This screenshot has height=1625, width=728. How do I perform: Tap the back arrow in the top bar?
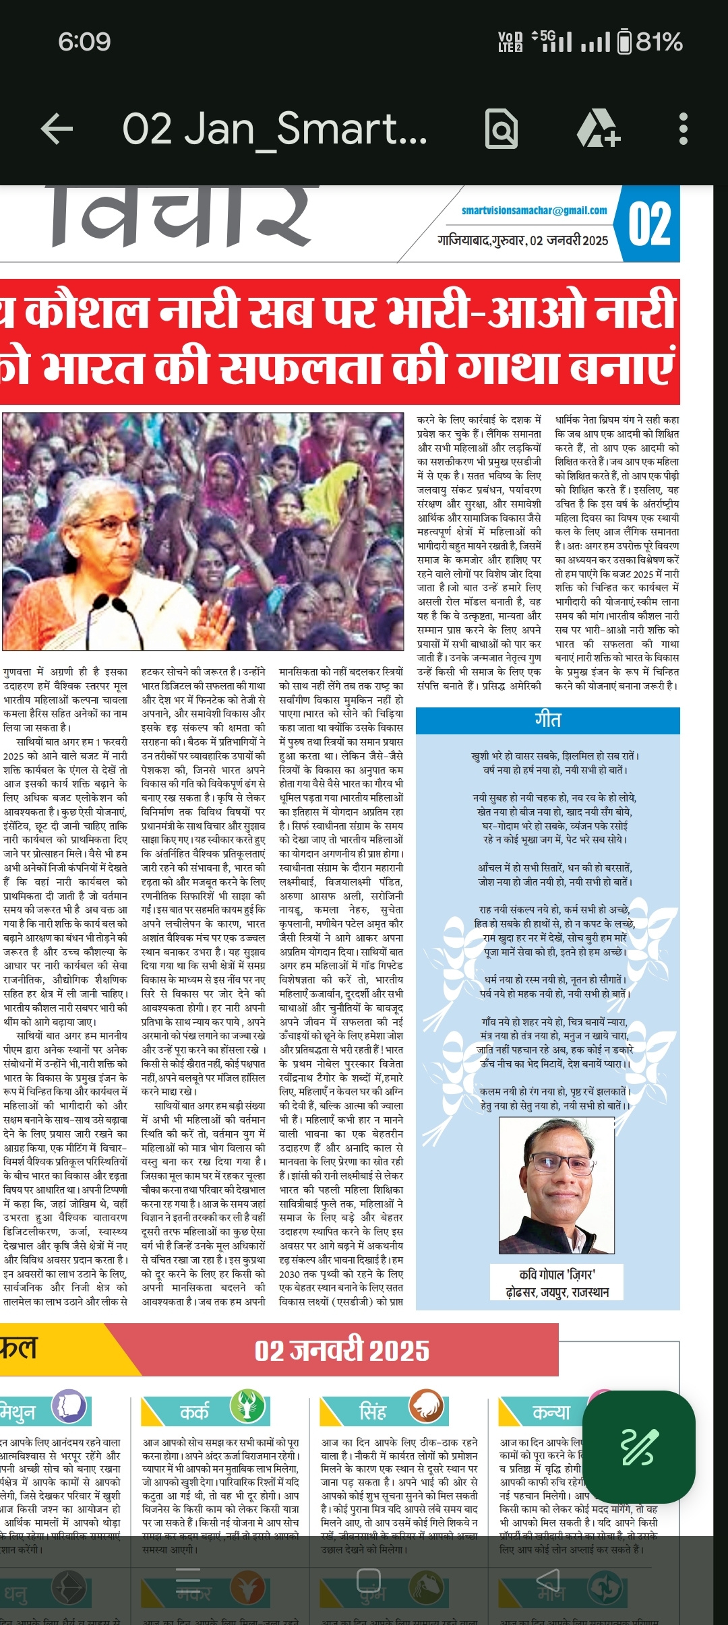(57, 129)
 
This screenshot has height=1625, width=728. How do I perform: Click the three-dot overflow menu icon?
(683, 129)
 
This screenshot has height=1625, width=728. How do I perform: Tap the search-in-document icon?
(502, 129)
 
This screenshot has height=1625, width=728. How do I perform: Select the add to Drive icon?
(597, 129)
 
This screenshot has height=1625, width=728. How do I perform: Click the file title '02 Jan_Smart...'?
(274, 129)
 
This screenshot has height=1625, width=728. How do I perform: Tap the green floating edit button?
(638, 1446)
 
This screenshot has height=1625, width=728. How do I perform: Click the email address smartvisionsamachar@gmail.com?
(534, 210)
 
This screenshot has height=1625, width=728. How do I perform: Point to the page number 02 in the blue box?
(649, 225)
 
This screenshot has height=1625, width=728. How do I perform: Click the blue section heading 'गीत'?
(547, 720)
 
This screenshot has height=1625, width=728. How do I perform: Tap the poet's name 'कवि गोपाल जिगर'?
(557, 1274)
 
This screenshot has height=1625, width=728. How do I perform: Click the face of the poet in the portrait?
(556, 1168)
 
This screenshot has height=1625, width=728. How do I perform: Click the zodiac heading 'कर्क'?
(194, 1411)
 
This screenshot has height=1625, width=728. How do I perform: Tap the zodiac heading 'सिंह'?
(372, 1411)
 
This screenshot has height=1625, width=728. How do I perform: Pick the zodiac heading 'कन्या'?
(551, 1411)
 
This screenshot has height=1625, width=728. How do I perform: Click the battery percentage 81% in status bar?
(659, 42)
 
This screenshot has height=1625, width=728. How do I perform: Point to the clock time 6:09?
(84, 42)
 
